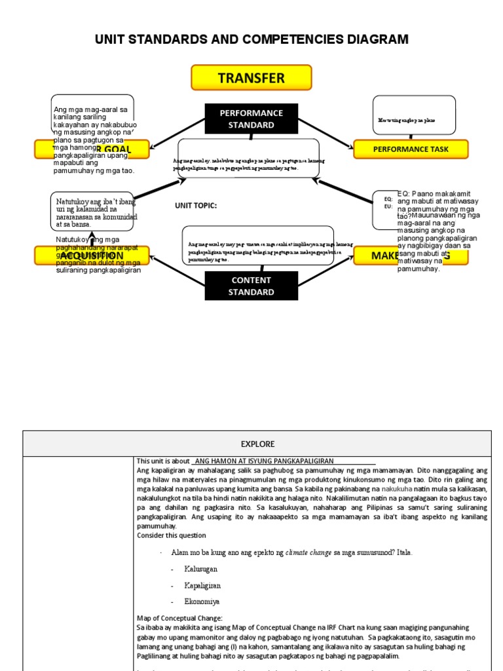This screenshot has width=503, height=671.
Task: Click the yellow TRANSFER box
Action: point(251,78)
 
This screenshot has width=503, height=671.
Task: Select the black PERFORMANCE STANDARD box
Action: point(251,119)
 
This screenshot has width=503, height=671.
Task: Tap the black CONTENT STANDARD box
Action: point(251,286)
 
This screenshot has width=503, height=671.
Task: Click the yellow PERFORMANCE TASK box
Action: point(411,149)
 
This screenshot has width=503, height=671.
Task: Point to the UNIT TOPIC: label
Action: point(195,206)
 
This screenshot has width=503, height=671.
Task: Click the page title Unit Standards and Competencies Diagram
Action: point(251,40)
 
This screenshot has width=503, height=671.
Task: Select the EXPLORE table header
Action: point(257,444)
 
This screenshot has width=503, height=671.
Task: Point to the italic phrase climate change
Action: point(308,553)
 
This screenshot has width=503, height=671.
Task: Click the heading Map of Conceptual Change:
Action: point(179,618)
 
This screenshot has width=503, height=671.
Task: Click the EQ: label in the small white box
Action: point(388,199)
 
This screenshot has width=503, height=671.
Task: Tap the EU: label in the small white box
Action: point(388,206)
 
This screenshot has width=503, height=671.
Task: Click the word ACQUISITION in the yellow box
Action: point(92,256)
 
